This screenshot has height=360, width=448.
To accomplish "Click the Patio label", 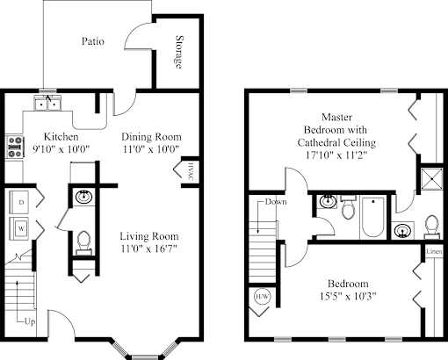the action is [93, 41].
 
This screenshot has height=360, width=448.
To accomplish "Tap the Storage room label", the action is [179, 52].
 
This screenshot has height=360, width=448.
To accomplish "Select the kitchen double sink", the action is [47, 103].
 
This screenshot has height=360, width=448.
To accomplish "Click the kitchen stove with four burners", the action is [15, 147].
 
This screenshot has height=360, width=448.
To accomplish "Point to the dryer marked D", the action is [19, 202].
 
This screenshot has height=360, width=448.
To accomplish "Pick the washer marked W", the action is [19, 228].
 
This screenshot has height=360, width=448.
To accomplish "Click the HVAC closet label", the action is [191, 172].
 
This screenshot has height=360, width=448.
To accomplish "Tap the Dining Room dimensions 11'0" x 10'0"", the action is [151, 149].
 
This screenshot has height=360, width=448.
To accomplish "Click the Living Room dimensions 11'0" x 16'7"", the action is [149, 248].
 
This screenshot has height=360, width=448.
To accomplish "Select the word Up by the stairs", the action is [30, 321].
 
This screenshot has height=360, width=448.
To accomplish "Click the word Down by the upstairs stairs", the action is [276, 202].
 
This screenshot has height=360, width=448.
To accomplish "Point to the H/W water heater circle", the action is [263, 297].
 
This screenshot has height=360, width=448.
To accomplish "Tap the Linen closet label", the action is [434, 251].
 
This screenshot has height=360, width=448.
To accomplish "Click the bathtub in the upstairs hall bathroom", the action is [372, 217].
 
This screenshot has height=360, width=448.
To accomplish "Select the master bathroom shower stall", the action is [432, 178].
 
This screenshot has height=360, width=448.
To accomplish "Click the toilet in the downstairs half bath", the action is [83, 242].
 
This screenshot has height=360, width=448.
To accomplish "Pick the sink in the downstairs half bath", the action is [83, 197].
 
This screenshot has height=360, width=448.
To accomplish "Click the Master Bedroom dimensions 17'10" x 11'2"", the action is [336, 155].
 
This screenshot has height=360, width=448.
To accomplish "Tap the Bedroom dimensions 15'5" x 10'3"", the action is [348, 297].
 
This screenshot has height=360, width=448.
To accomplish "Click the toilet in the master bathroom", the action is [432, 226].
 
